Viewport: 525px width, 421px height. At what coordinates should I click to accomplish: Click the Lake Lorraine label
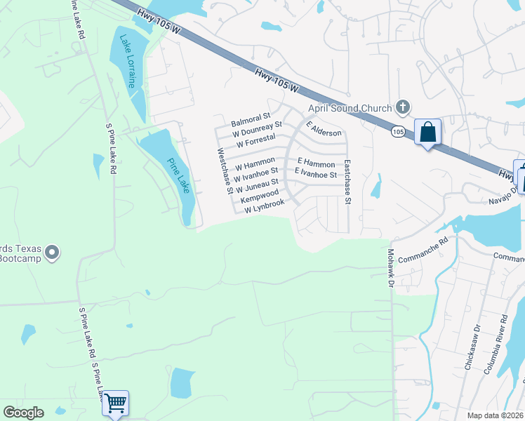[128, 61]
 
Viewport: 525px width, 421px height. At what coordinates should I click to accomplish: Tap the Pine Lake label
[178, 175]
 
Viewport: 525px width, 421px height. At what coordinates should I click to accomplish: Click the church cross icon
[401, 107]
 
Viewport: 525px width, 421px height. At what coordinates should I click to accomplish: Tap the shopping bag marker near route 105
[428, 131]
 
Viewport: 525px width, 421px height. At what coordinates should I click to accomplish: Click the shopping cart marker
[115, 403]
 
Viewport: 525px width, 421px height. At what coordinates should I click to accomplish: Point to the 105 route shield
[398, 131]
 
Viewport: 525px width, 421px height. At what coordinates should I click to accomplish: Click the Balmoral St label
[251, 119]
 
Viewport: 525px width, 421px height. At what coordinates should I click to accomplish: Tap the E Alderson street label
[324, 128]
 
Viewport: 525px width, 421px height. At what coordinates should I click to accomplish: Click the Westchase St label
[225, 170]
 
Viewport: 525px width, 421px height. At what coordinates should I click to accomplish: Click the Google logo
[23, 413]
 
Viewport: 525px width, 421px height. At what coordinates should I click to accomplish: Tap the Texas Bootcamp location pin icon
[51, 253]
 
